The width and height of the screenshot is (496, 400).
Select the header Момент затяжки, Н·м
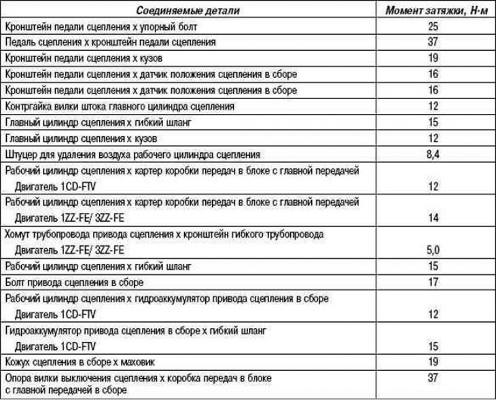coord(433,11)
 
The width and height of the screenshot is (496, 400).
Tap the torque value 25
coord(433,27)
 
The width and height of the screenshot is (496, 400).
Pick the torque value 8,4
coord(433,154)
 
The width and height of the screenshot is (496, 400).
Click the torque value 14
coord(433,218)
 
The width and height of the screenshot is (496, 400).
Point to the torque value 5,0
coord(433,250)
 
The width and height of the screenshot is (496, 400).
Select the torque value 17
coord(433,283)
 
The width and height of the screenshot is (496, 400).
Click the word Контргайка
coord(25,107)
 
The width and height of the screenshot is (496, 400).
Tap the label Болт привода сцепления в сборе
coord(74,283)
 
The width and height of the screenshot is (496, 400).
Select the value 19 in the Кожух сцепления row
coord(433,361)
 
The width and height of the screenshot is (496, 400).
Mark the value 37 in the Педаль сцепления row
coord(433,42)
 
